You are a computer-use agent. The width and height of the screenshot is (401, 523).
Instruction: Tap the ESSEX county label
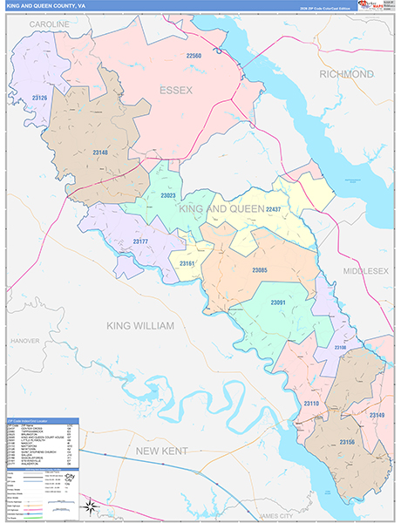180,90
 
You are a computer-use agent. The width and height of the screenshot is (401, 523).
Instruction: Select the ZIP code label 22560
194,57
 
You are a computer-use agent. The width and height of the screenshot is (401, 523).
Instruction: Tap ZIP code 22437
273,209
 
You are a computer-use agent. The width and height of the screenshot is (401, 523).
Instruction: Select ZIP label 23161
187,262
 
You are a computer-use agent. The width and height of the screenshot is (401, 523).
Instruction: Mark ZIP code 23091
278,302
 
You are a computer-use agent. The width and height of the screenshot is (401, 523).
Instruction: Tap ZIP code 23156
347,442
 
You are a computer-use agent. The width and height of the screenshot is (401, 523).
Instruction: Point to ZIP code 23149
376,415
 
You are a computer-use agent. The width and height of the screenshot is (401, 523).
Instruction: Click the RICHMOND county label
346,74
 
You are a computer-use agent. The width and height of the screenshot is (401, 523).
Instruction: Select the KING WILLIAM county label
140,325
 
